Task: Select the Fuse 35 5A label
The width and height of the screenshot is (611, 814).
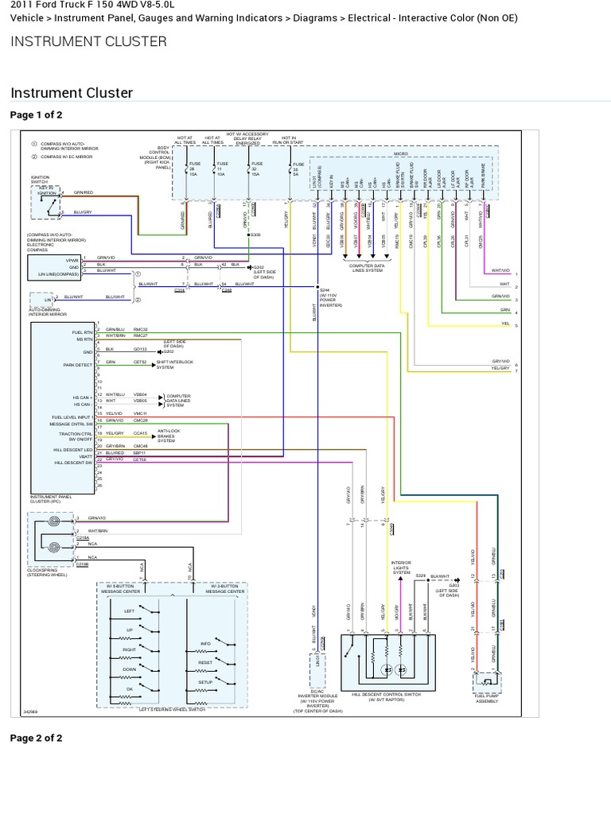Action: point(298,169)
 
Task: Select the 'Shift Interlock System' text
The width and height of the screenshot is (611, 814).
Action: point(165,365)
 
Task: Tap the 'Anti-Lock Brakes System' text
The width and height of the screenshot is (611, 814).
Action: point(165,436)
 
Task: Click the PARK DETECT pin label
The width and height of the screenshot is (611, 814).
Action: point(79,365)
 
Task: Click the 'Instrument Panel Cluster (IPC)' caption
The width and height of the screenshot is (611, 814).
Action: point(51,499)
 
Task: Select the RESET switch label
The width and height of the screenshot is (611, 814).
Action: point(204,661)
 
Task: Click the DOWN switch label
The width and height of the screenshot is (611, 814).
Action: point(129,669)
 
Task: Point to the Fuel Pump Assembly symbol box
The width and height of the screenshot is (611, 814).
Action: point(487,681)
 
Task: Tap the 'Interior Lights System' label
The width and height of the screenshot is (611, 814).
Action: point(401,567)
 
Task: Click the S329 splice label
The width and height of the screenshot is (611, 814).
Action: point(421,574)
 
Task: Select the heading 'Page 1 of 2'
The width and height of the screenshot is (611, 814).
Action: point(37,115)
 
